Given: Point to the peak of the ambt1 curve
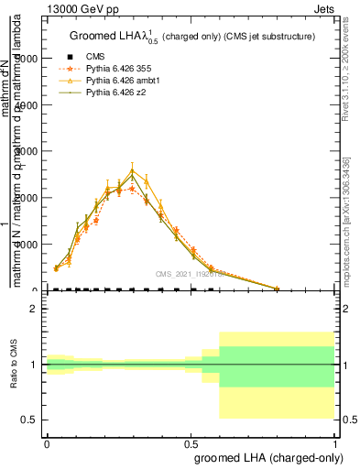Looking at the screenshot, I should (132, 170).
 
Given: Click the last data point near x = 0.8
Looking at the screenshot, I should (278, 289).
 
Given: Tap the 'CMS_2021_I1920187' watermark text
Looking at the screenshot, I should (191, 274).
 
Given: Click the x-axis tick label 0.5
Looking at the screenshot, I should (191, 440).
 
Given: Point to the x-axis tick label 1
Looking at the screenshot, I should (335, 440).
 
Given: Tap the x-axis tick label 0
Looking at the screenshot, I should (47, 440).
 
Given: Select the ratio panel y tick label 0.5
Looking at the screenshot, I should (30, 420).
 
